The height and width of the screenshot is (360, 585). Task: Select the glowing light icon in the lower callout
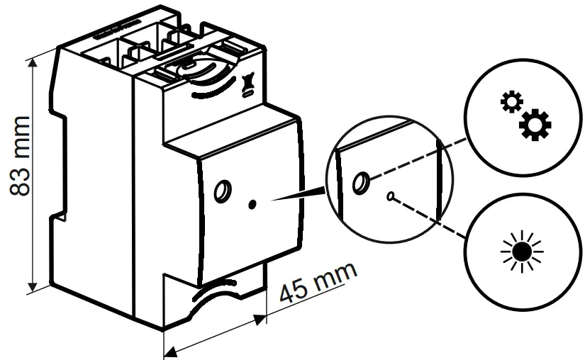point(521,252)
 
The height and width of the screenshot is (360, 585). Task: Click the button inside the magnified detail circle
point(361,184)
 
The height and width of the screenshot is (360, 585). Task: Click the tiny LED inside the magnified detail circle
point(389,196)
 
